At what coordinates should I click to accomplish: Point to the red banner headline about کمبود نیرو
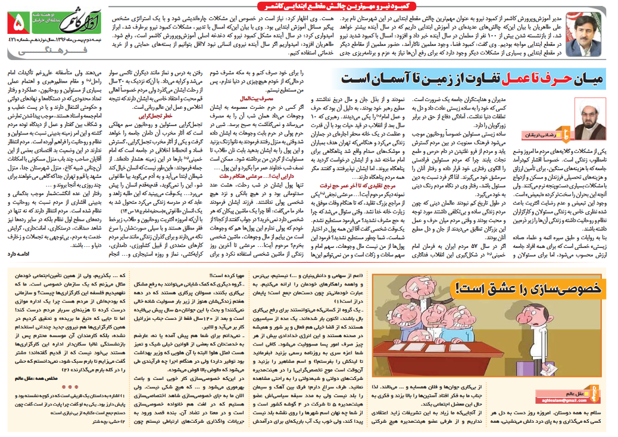click(351, 5)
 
